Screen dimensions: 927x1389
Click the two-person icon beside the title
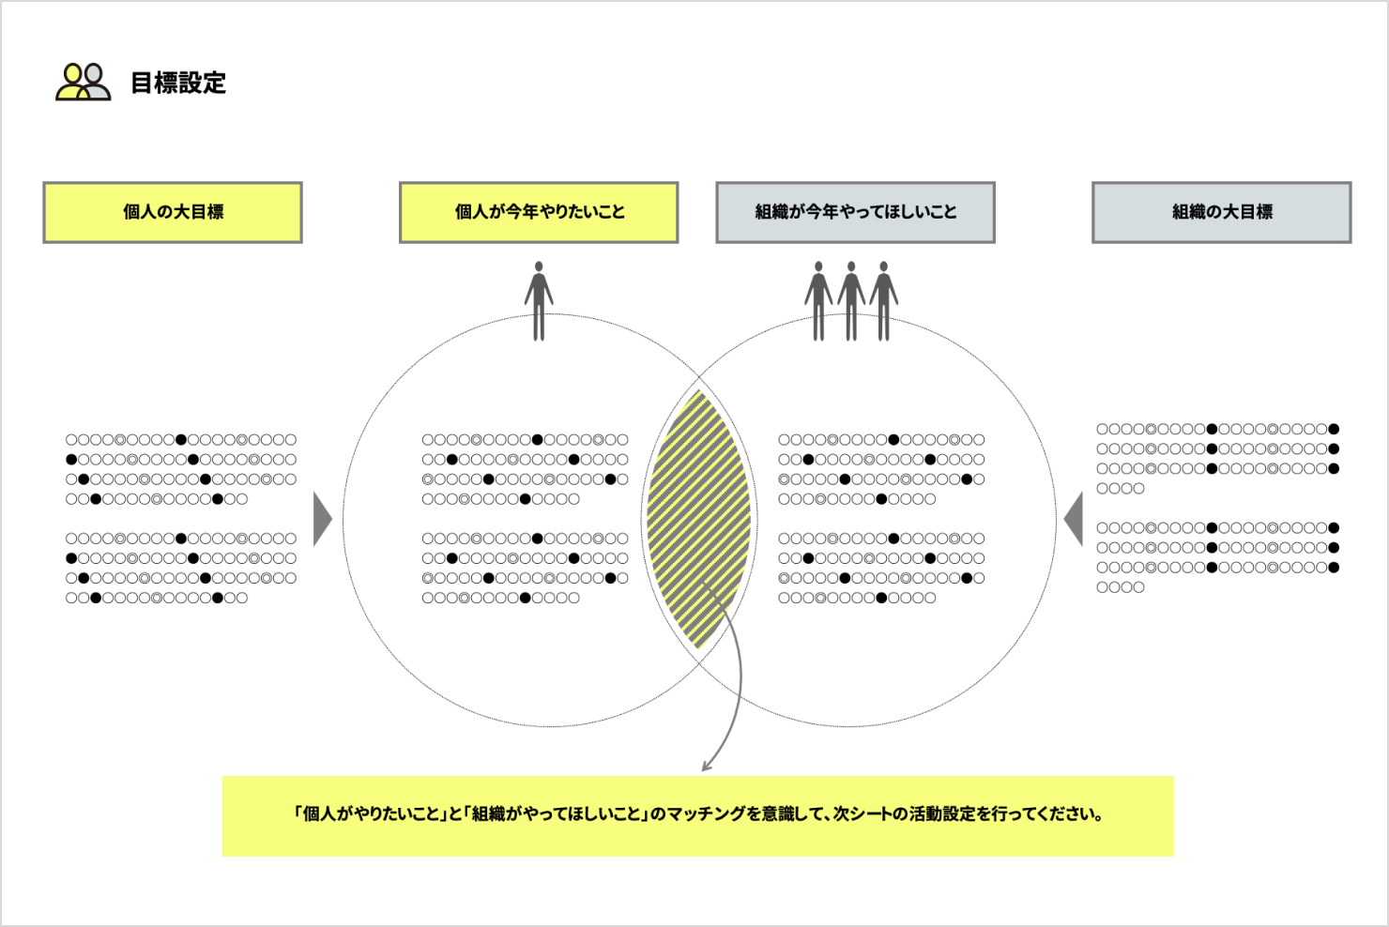[83, 82]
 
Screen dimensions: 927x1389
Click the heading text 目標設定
[178, 83]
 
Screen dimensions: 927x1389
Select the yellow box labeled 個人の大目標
[173, 212]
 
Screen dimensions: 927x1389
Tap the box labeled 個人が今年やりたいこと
[539, 212]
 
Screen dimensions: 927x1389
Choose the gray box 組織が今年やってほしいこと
[855, 212]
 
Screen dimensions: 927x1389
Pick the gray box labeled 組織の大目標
[1221, 212]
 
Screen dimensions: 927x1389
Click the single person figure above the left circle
[539, 300]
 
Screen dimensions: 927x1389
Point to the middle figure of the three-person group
[851, 300]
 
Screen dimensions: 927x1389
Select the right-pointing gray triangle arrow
[322, 519]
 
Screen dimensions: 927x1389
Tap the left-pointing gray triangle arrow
[1074, 519]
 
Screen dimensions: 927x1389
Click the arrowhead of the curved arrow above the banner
[707, 765]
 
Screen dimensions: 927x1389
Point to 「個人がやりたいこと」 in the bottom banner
[370, 813]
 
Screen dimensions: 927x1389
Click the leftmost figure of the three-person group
[818, 300]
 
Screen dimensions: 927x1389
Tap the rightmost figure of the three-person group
[884, 300]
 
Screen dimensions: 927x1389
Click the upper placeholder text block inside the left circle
[525, 469]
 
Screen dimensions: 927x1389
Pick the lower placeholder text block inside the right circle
[881, 568]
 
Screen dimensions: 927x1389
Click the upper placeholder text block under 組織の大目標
[1217, 458]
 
